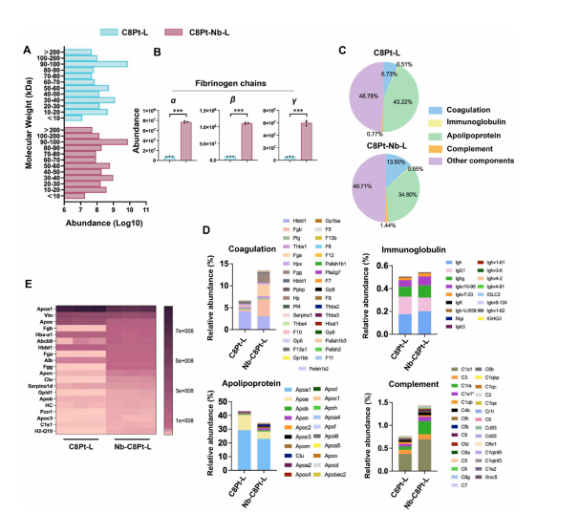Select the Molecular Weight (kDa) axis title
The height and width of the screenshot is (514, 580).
click(x=16, y=124)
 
